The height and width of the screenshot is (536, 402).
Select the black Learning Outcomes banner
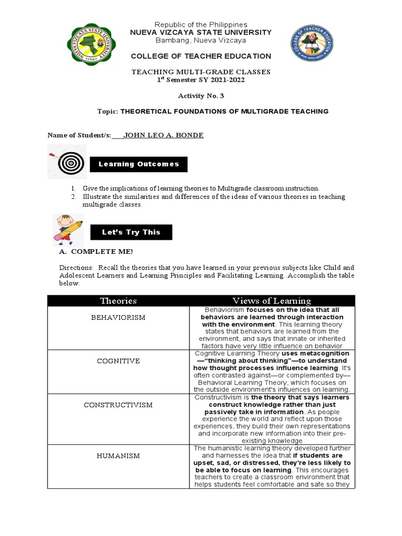139,164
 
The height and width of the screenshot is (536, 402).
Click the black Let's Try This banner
131,232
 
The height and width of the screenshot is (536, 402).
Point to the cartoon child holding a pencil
67,229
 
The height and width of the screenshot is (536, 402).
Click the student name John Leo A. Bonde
163,135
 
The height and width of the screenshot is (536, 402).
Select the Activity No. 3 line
201,96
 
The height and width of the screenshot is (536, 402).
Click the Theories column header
118,300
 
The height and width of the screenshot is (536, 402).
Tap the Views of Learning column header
272,300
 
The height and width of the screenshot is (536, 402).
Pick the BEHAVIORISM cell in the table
118,318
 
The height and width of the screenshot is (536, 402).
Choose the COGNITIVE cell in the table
118,361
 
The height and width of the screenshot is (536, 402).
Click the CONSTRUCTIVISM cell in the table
118,405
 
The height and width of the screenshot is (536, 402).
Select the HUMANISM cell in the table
118,456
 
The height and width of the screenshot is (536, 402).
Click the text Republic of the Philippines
201,25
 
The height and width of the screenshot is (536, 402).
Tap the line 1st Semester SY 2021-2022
201,80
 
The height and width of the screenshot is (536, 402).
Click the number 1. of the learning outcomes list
74,188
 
